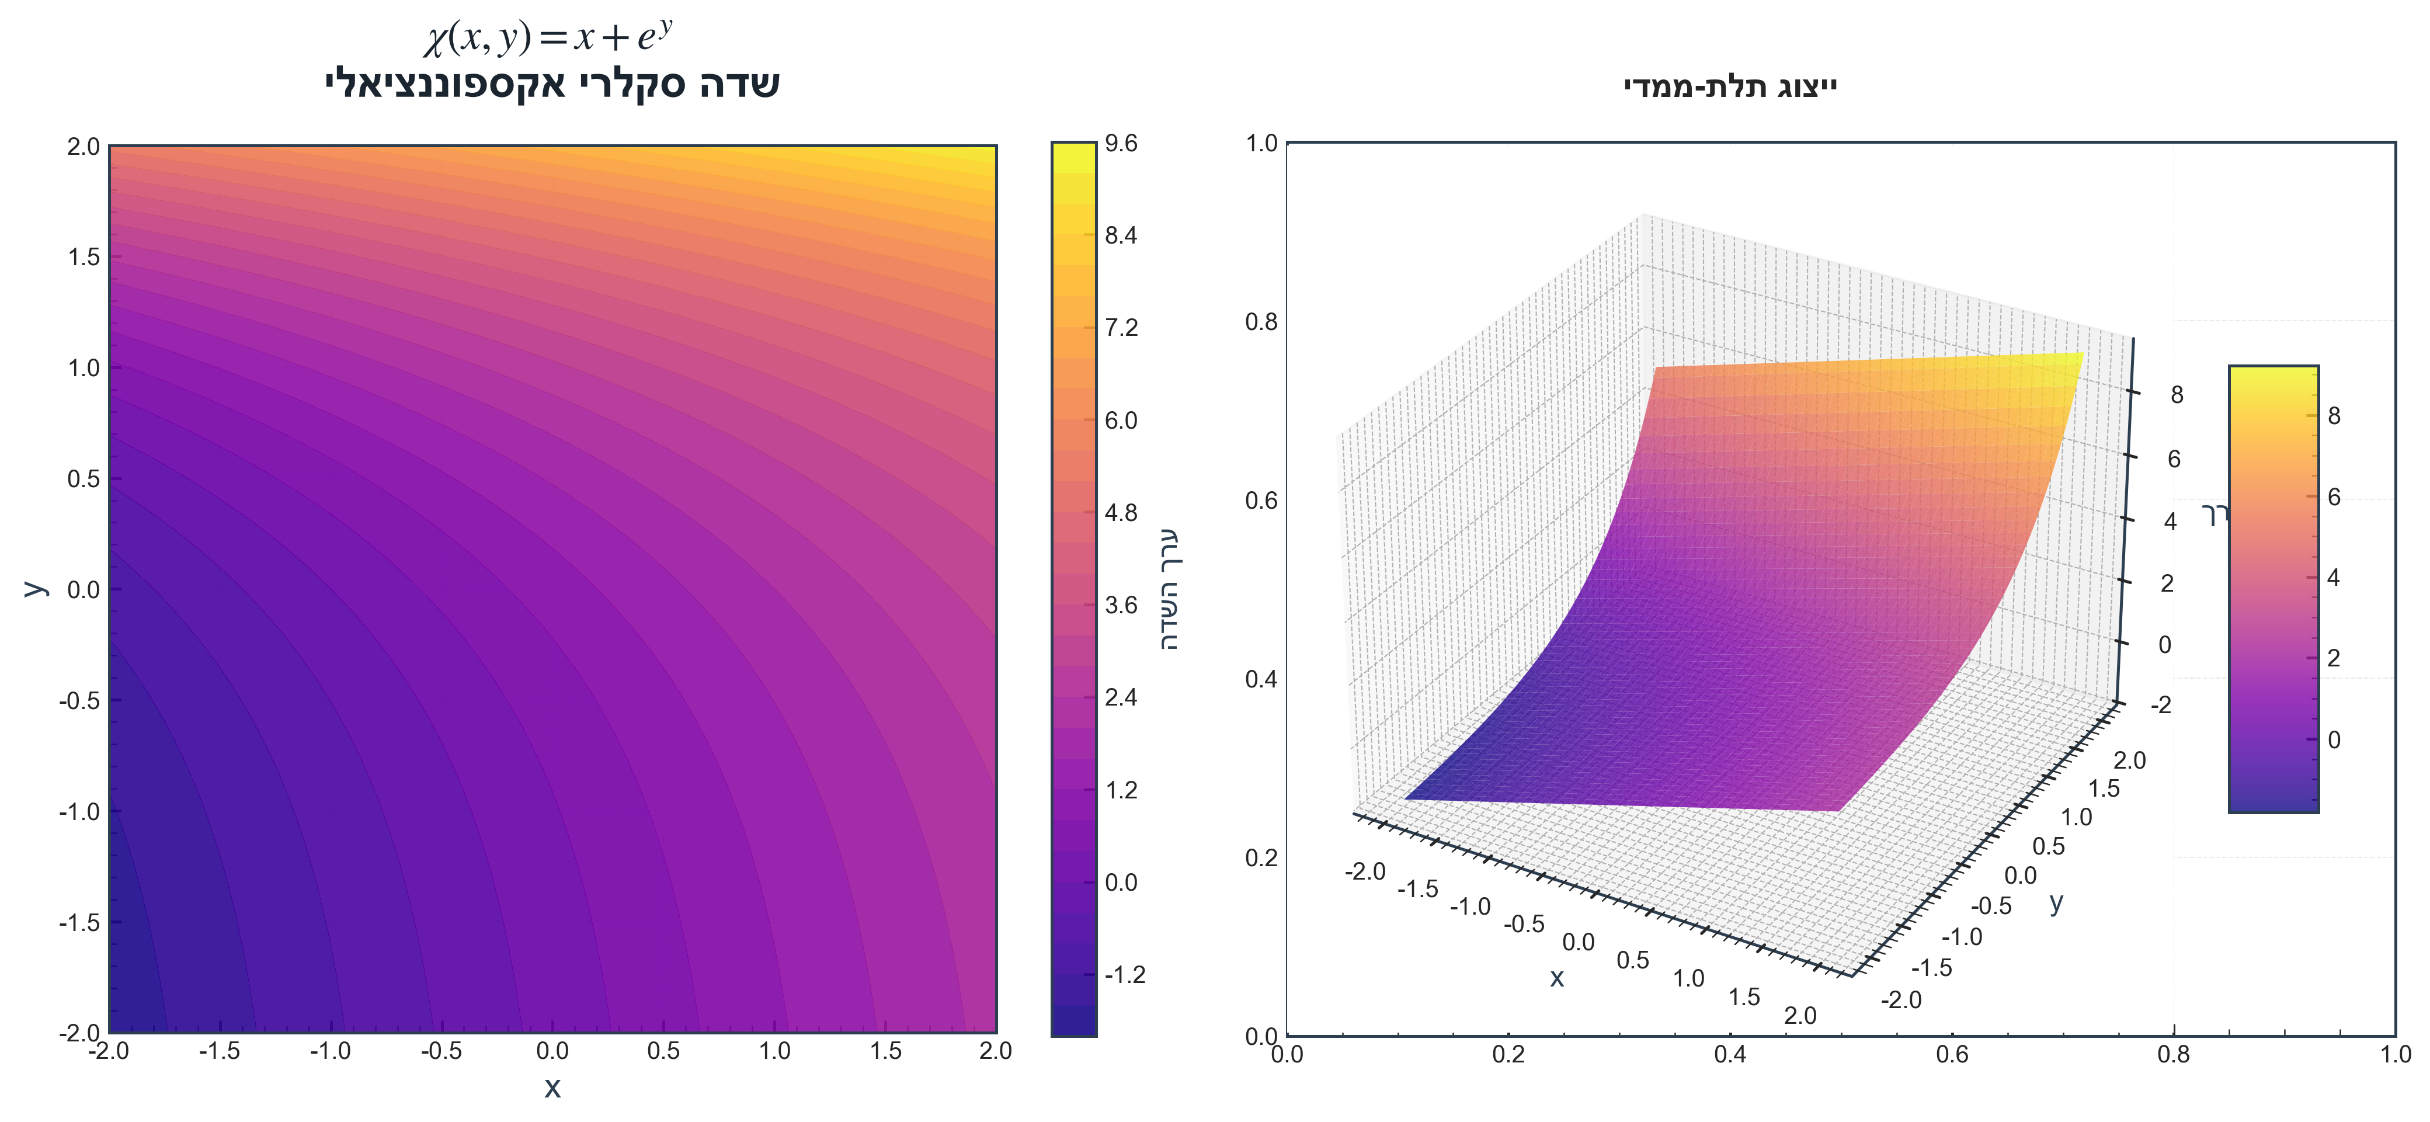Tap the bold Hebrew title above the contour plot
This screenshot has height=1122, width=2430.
(553, 84)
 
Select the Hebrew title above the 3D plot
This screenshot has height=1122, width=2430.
(1730, 88)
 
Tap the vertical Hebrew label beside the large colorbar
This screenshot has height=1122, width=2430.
(1169, 590)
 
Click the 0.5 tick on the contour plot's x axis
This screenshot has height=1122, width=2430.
(663, 1051)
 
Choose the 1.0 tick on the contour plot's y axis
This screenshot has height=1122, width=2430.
(83, 368)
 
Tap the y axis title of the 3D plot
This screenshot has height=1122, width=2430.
(2056, 903)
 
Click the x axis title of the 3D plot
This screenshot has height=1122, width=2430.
(1556, 978)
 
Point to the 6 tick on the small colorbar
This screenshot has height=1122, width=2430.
(2334, 497)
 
